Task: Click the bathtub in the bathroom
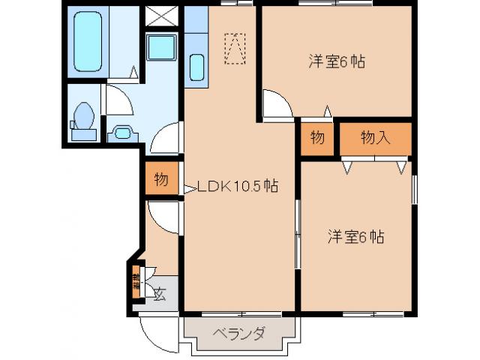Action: pyautogui.click(x=88, y=41)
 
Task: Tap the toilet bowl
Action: pyautogui.click(x=84, y=116)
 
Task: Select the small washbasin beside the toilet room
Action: pyautogui.click(x=120, y=133)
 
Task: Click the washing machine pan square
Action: pyautogui.click(x=161, y=47)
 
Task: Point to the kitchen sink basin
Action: pyautogui.click(x=196, y=67)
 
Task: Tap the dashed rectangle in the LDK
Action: pyautogui.click(x=235, y=48)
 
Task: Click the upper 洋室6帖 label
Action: pyautogui.click(x=336, y=61)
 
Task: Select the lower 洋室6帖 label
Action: pyautogui.click(x=355, y=238)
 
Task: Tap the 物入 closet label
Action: pyautogui.click(x=376, y=137)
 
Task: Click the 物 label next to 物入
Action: pyautogui.click(x=317, y=138)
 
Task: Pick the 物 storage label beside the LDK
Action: pyautogui.click(x=161, y=180)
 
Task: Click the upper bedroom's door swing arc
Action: pyautogui.click(x=277, y=104)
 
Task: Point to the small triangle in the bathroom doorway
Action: pyautogui.click(x=133, y=73)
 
